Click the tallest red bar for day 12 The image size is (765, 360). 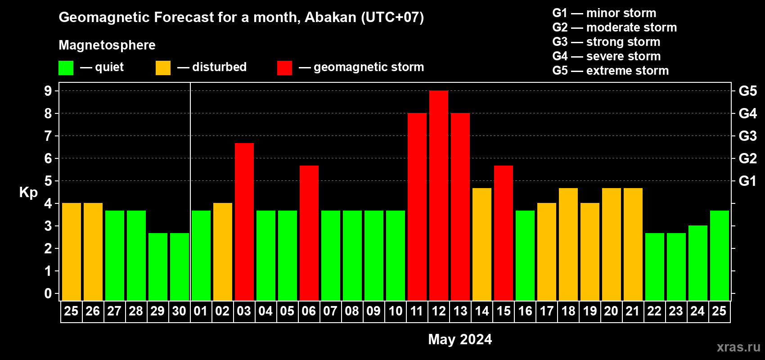[x=438, y=195]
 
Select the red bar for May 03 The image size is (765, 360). [x=244, y=222]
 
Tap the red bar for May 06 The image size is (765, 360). [x=309, y=233]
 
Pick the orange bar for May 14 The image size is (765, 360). [x=482, y=244]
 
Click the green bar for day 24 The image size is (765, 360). [x=697, y=263]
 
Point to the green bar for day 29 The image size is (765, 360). [x=158, y=267]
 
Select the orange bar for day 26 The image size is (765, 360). [x=93, y=252]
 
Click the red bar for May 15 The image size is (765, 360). [x=504, y=233]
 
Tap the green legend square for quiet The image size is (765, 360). [x=66, y=67]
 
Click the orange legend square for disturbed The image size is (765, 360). [x=163, y=67]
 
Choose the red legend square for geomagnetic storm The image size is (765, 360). [x=284, y=67]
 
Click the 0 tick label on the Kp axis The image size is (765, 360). [x=48, y=293]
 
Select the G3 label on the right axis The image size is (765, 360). [x=747, y=136]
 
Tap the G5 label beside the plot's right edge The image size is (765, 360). [x=747, y=91]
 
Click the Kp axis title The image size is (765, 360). [x=28, y=193]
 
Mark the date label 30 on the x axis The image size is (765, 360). [x=179, y=311]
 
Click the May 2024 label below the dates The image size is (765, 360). [x=460, y=339]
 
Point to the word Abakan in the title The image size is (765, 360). [x=330, y=17]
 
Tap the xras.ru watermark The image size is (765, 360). [x=738, y=347]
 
